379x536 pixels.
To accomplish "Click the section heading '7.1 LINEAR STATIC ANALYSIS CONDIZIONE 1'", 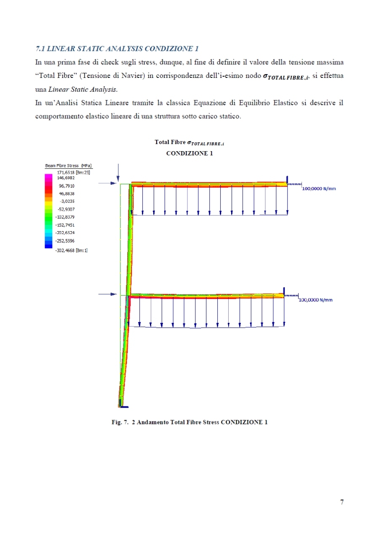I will pos(117,48).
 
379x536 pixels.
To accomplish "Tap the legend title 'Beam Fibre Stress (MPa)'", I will pos(69,165).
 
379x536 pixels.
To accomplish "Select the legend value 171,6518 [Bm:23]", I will pos(74,172).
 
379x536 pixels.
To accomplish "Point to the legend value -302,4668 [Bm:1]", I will pos(74,250).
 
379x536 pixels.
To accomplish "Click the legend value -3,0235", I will pos(67,201).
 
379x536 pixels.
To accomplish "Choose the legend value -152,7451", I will pos(64,225).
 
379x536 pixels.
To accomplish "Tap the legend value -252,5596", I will pos(64,241).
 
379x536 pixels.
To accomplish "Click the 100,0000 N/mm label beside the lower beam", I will pos(315,300).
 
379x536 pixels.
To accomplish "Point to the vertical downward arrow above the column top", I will pos(119,173).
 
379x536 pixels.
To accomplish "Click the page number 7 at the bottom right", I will pos(342,502).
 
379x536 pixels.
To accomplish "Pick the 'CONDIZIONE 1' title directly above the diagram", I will pos(189,153).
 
